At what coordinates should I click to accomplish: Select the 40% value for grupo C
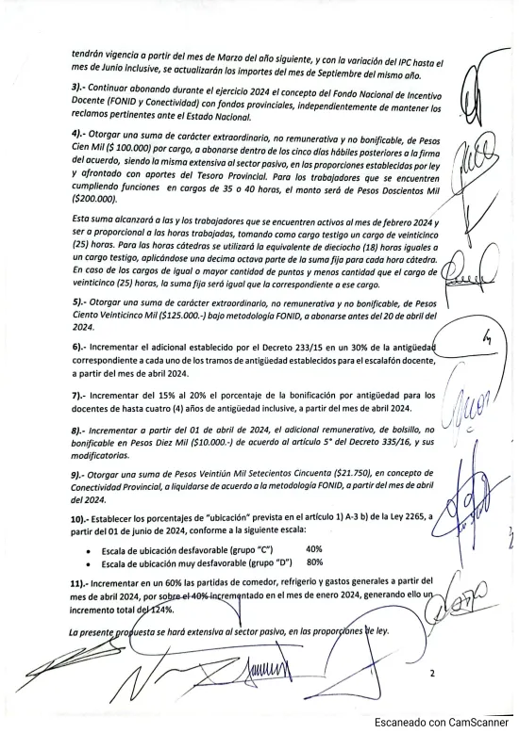[314, 548]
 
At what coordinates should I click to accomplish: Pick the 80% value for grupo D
[314, 562]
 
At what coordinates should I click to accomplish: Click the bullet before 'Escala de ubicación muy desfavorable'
[89, 563]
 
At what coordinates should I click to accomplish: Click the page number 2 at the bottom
[432, 673]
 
